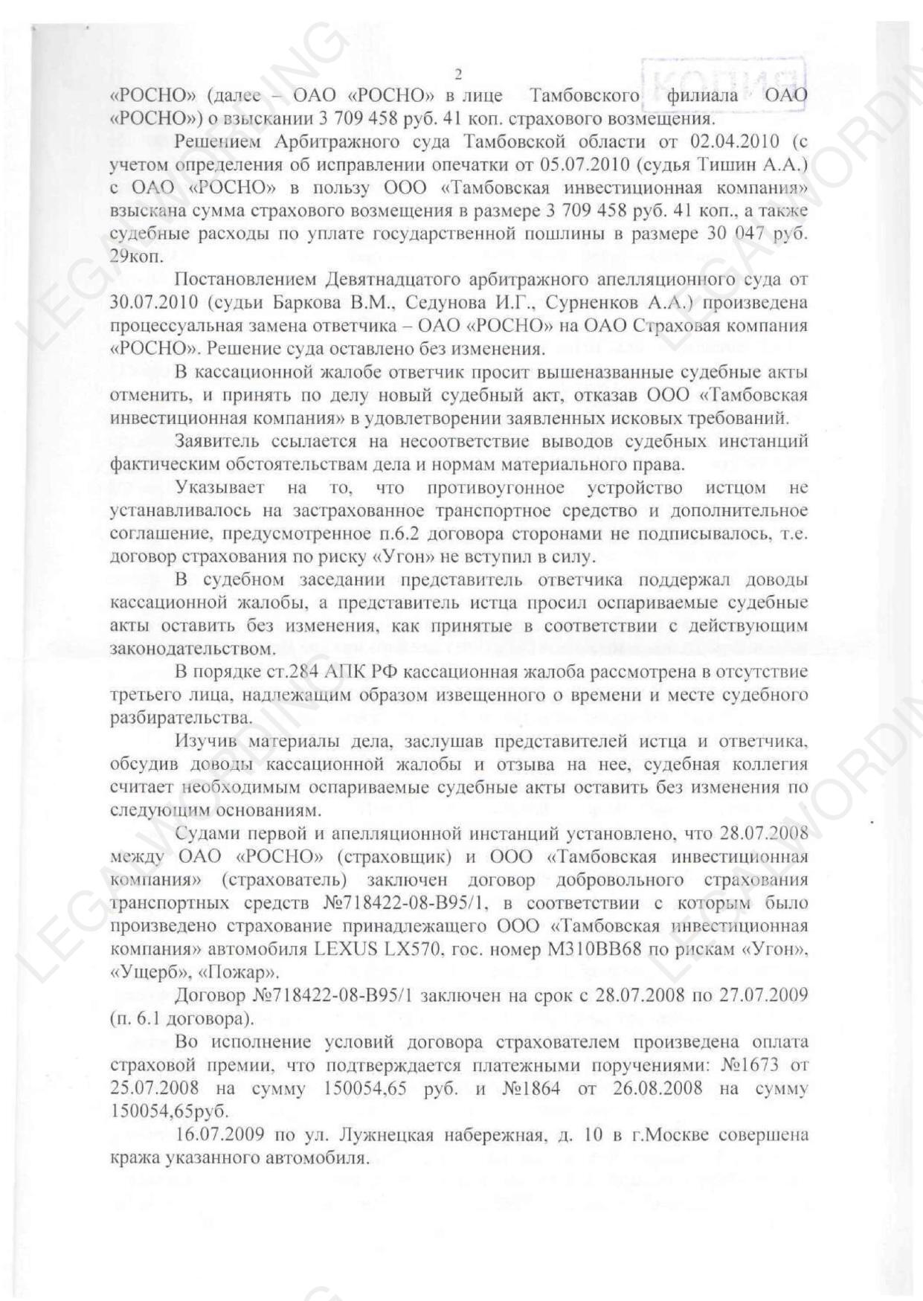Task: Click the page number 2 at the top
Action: [x=458, y=73]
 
